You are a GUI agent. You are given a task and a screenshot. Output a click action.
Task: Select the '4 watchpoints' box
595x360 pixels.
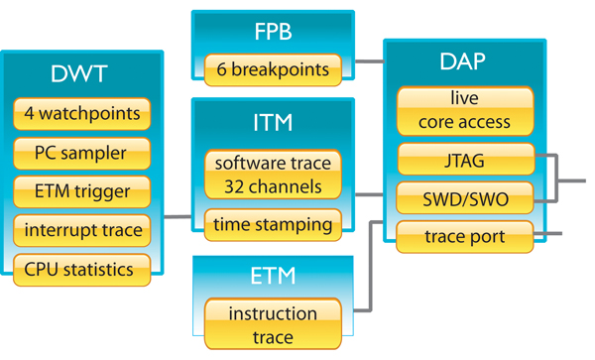(83, 112)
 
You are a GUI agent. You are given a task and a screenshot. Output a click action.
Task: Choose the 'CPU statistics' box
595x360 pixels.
(83, 268)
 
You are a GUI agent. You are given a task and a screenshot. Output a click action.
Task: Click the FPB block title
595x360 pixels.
(273, 32)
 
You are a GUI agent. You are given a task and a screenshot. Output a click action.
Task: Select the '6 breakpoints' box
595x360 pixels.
(273, 68)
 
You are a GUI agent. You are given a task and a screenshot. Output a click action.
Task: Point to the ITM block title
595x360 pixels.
(273, 123)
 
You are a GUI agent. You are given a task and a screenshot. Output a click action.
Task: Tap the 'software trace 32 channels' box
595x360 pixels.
(273, 173)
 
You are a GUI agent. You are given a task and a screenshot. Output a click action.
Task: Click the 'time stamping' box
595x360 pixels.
(273, 224)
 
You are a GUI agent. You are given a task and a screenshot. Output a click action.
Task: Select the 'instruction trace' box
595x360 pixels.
(273, 325)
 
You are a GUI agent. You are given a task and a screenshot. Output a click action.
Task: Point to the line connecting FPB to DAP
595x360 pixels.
(369, 60)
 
